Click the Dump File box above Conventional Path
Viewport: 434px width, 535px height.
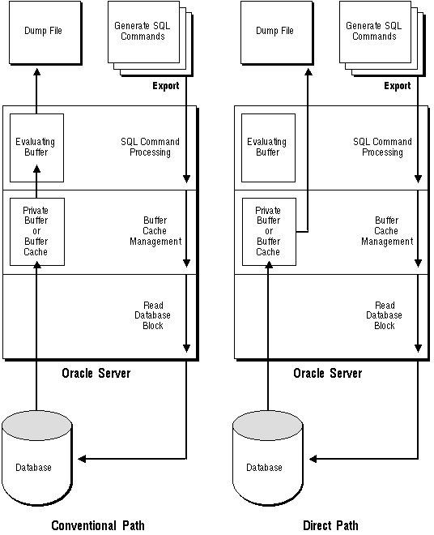click(x=45, y=32)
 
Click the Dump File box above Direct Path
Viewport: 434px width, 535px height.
click(x=277, y=32)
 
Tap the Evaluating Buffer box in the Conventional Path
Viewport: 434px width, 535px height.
click(x=36, y=148)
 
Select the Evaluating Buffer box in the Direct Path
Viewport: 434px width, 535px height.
click(x=268, y=148)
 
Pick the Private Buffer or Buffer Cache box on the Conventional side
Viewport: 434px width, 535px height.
click(x=37, y=232)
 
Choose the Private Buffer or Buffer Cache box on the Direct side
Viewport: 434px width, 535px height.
click(x=269, y=232)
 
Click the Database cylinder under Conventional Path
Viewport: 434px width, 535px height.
click(x=36, y=458)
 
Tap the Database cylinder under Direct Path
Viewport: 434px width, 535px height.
click(x=268, y=458)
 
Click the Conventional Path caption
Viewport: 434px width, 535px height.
click(x=98, y=525)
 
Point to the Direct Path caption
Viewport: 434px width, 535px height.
click(x=330, y=525)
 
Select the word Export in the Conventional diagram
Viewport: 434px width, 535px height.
click(x=166, y=86)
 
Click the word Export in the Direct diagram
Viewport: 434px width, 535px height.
click(x=398, y=86)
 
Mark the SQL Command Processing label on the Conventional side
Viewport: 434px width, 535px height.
click(x=150, y=147)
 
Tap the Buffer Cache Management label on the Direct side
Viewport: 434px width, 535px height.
click(x=387, y=231)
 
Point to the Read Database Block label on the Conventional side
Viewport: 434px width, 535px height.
click(x=152, y=315)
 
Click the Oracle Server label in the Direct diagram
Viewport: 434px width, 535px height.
click(x=328, y=373)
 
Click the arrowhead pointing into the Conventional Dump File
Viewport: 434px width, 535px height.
click(x=36, y=71)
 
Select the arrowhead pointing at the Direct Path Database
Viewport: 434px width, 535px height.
click(x=313, y=459)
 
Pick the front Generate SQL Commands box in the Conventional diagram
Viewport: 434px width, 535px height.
click(x=143, y=32)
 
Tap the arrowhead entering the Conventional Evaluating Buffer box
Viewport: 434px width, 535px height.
click(x=36, y=169)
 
